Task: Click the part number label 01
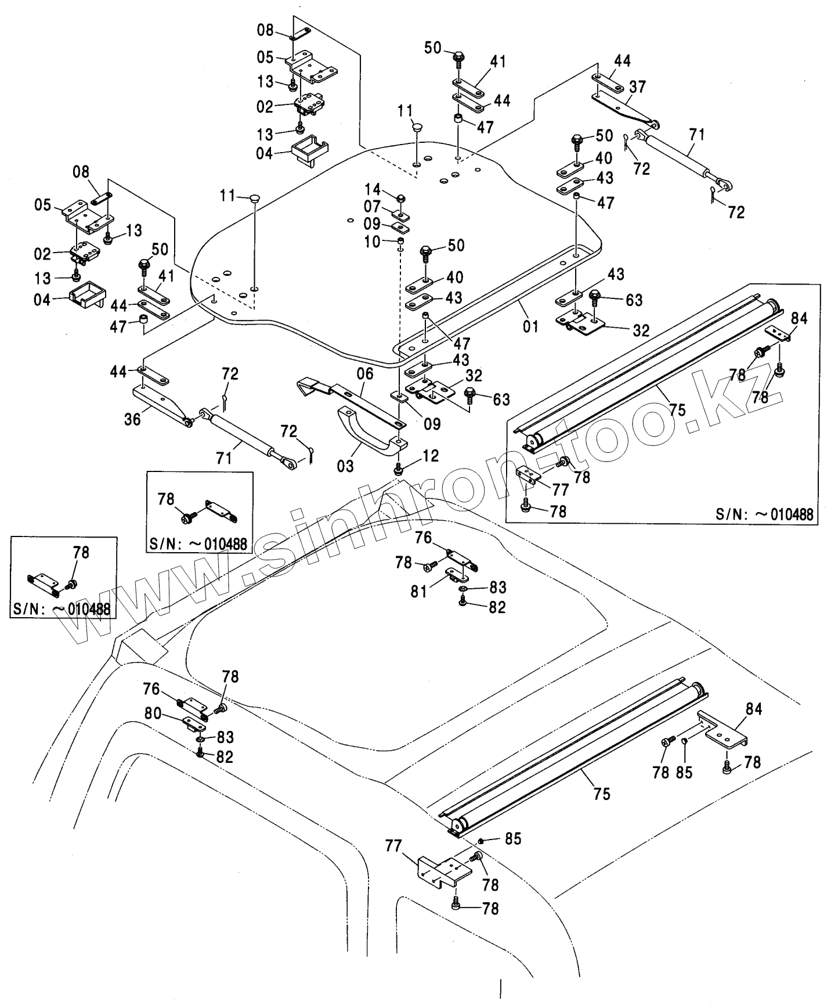coord(530,327)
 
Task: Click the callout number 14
coord(373,189)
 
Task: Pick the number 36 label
coord(132,419)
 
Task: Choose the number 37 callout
coord(638,87)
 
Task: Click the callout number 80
coord(153,713)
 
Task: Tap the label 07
coord(373,207)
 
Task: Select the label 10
coord(373,240)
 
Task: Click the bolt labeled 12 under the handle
coord(399,468)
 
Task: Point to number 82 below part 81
coord(497,607)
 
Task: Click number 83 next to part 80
coord(225,737)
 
